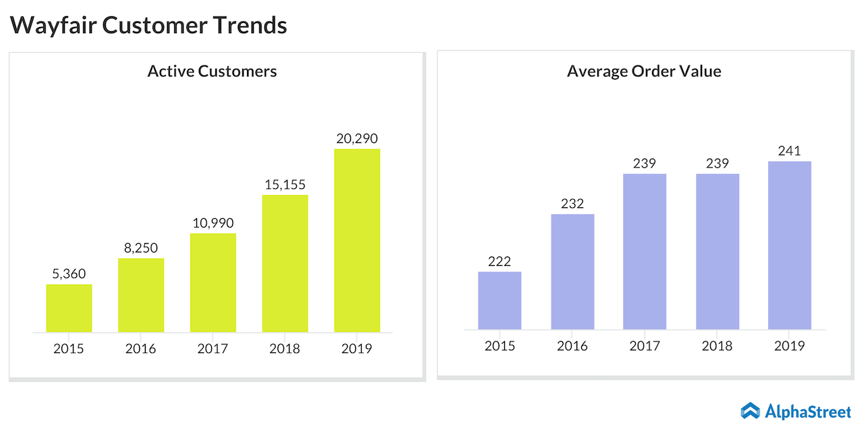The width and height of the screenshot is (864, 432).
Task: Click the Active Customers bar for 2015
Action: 69,308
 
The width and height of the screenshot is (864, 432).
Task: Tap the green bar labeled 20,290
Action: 357,240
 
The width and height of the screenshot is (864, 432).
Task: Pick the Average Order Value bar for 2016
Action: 572,271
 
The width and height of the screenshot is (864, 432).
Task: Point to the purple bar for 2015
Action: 500,300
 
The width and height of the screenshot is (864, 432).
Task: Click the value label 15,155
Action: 285,185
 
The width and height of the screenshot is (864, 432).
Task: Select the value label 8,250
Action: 140,248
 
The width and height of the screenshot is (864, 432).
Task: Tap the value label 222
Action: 500,261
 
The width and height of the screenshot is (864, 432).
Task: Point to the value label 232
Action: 572,204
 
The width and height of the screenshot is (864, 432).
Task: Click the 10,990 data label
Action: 213,223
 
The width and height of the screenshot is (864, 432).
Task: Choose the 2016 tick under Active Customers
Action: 140,348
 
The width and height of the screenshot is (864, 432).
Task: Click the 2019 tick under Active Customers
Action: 357,348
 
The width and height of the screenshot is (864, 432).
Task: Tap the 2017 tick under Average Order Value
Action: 645,346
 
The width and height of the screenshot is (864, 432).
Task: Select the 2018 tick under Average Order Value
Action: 717,346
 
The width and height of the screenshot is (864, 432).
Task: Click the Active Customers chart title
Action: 212,71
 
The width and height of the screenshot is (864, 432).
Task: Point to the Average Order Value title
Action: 644,71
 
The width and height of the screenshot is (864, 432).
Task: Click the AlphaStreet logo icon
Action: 750,410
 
